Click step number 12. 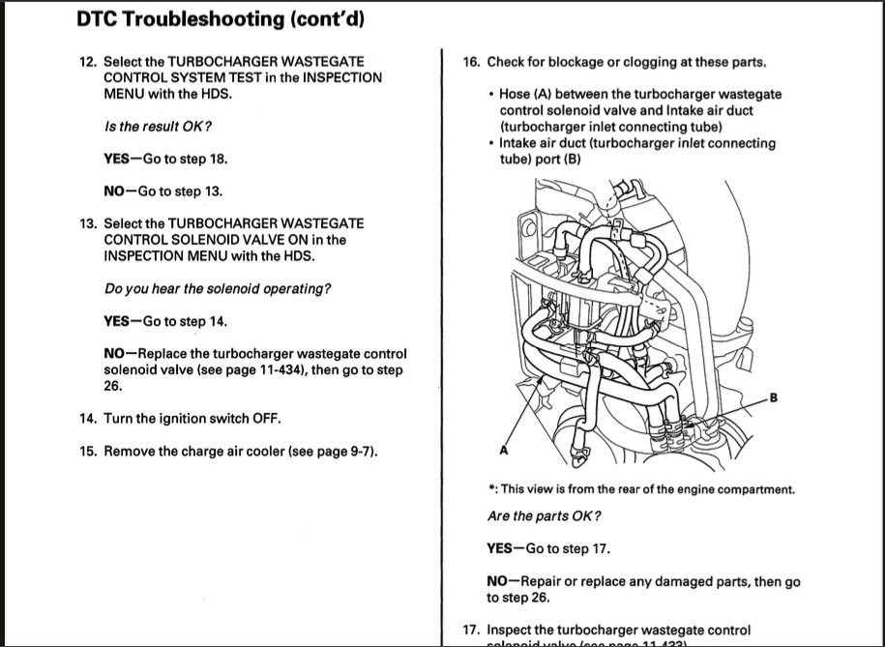88,61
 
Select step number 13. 88,223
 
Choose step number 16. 471,62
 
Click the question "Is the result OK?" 157,127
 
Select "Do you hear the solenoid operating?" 217,289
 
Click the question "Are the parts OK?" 545,515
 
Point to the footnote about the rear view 641,488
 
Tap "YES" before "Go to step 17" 501,548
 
